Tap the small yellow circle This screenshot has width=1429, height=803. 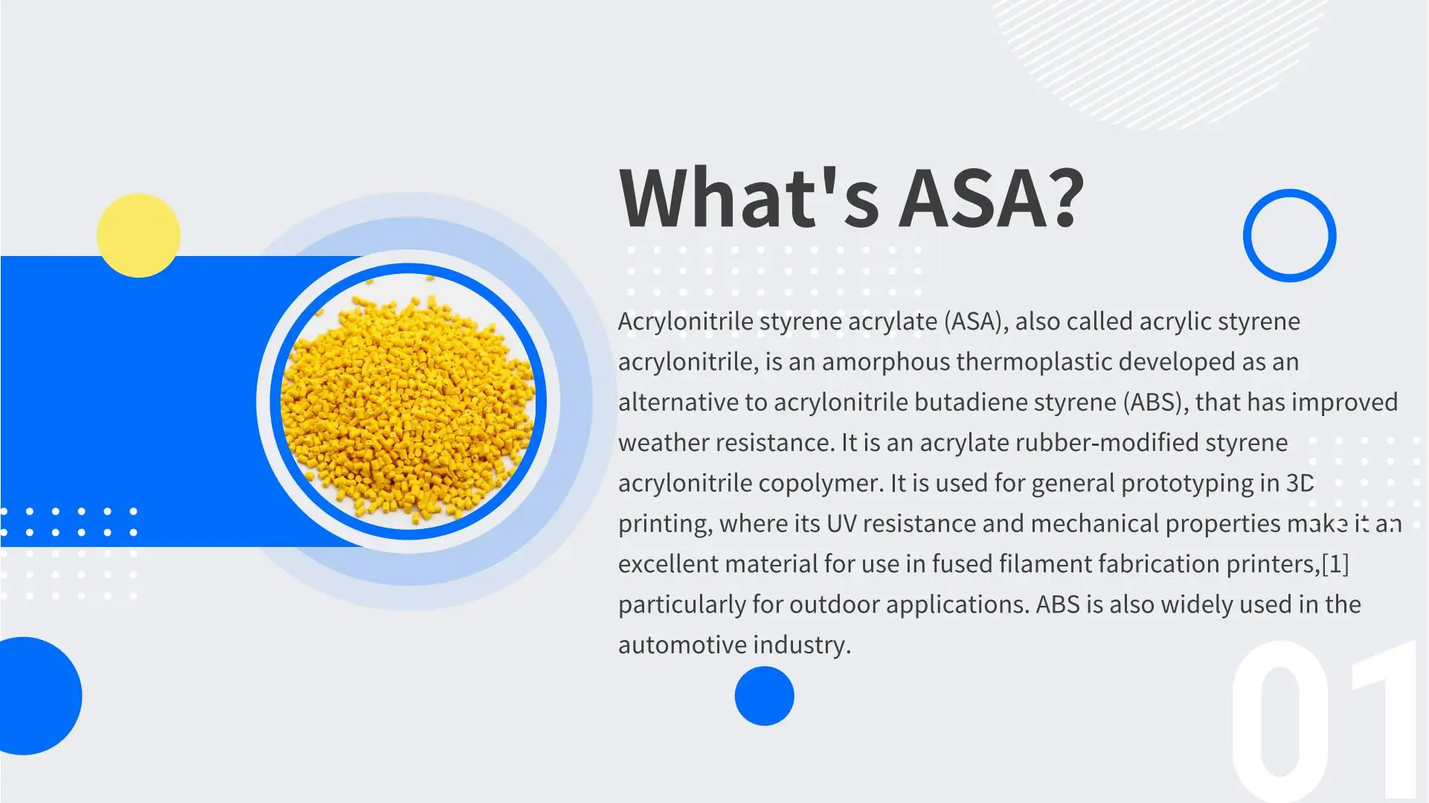point(138,235)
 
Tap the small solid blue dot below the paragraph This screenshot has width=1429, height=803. point(764,696)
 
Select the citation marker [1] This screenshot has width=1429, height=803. point(1335,564)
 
